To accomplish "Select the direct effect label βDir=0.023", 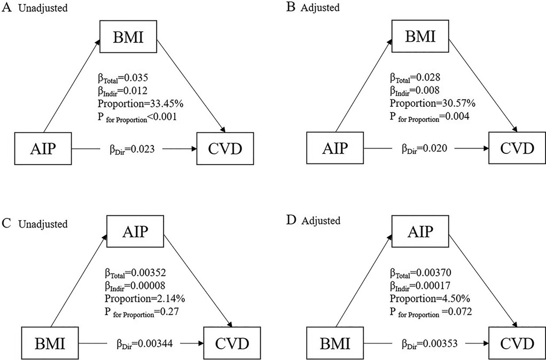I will [x=131, y=151].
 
